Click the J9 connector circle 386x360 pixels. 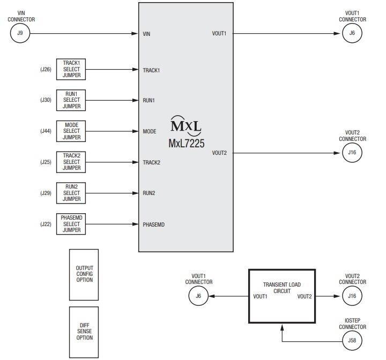tap(20, 33)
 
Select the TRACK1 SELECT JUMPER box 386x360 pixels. tap(71, 69)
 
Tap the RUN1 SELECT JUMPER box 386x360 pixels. tap(71, 100)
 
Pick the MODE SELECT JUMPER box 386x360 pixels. tap(71, 131)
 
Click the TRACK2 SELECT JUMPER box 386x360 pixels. tap(71, 162)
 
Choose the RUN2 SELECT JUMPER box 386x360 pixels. tap(71, 193)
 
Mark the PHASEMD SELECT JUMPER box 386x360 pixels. tap(71, 224)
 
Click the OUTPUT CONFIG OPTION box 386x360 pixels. tap(84, 274)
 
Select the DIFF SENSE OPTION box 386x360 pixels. tap(84, 332)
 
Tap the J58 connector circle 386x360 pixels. tap(352, 340)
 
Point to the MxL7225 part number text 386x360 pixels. tap(186, 144)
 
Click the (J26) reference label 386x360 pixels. tap(46, 70)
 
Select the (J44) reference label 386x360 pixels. tap(46, 131)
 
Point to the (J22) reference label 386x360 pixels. tap(46, 224)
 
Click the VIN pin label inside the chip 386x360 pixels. tap(146, 34)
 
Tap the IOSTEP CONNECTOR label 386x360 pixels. tap(352, 323)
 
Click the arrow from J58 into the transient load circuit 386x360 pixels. tap(282, 332)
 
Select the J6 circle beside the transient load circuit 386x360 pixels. tap(198, 296)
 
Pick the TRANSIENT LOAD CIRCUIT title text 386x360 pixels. tap(282, 288)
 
